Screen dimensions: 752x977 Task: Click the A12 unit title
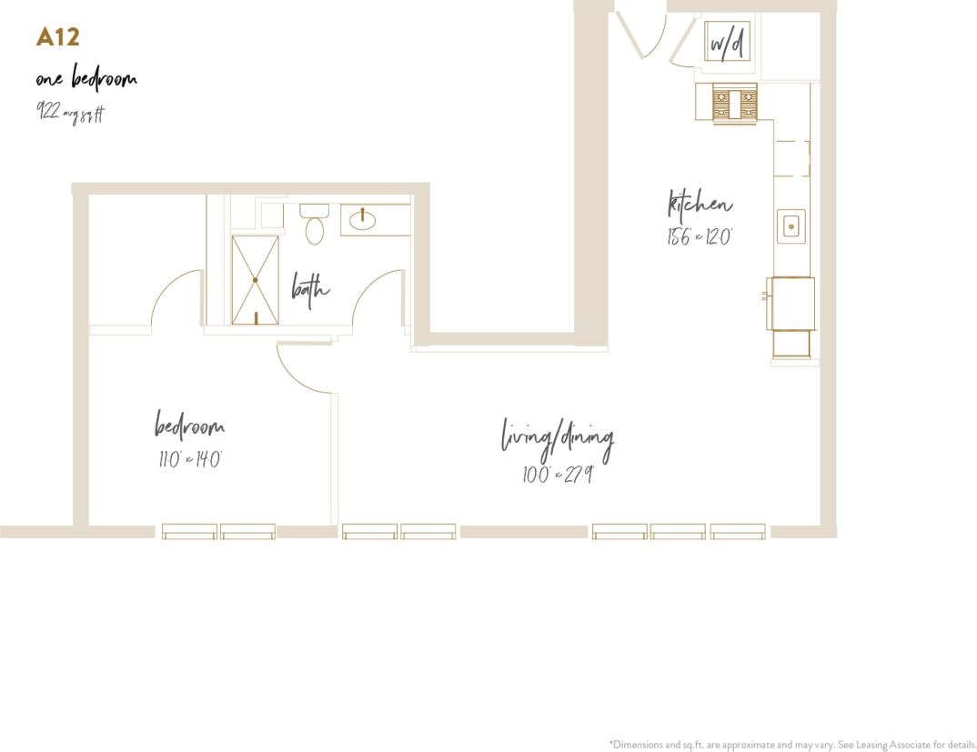point(58,37)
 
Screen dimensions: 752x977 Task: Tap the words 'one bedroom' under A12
point(86,79)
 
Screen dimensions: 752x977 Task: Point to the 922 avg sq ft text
point(71,112)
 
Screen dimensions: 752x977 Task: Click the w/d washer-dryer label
point(727,43)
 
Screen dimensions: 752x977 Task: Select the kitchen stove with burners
point(733,101)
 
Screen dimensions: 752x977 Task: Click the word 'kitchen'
point(700,206)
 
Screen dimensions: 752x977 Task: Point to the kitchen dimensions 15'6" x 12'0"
point(699,237)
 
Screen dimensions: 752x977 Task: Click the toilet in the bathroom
point(314,224)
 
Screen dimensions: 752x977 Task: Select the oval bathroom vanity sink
point(363,219)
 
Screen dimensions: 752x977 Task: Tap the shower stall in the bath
point(255,280)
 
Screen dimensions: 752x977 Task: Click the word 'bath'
point(310,288)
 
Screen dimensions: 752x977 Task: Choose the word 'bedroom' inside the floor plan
point(189,426)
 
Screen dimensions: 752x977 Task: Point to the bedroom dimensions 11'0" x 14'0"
point(189,459)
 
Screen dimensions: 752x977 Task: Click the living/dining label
point(558,438)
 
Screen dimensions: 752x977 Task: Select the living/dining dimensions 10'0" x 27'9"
point(558,475)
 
